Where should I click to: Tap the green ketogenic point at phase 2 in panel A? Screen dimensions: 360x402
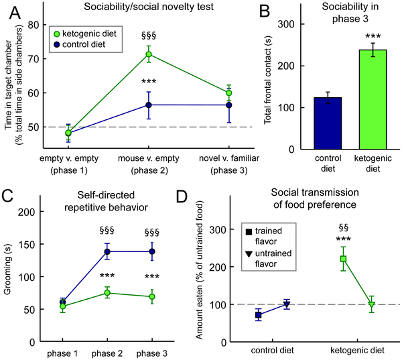[x=149, y=54]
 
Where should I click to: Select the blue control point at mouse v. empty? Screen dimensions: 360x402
[x=149, y=105]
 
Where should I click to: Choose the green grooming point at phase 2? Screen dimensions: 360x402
[x=106, y=293]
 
